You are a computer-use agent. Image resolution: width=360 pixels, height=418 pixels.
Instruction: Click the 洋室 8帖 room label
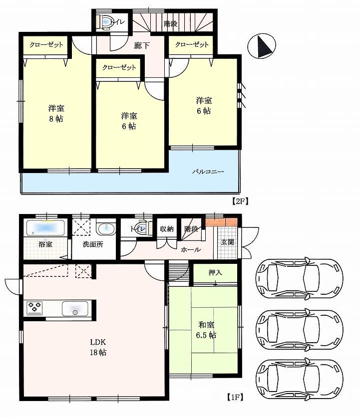[x=55, y=113]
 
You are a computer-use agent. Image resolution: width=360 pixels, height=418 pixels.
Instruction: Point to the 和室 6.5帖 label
[x=206, y=329]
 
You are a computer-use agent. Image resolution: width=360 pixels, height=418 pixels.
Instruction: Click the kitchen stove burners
[x=33, y=308]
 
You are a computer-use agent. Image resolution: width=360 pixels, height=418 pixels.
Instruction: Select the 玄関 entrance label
[x=228, y=242]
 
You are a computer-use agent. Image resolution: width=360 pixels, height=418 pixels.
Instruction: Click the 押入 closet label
[x=216, y=273]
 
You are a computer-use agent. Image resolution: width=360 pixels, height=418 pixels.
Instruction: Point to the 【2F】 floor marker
[x=240, y=202]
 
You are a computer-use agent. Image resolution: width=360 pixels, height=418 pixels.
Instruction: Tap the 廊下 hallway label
[x=142, y=45]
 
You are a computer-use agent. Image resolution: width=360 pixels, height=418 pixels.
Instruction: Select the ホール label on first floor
[x=191, y=249]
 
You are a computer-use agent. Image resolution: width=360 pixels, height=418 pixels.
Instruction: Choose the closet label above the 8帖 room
[x=46, y=44]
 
